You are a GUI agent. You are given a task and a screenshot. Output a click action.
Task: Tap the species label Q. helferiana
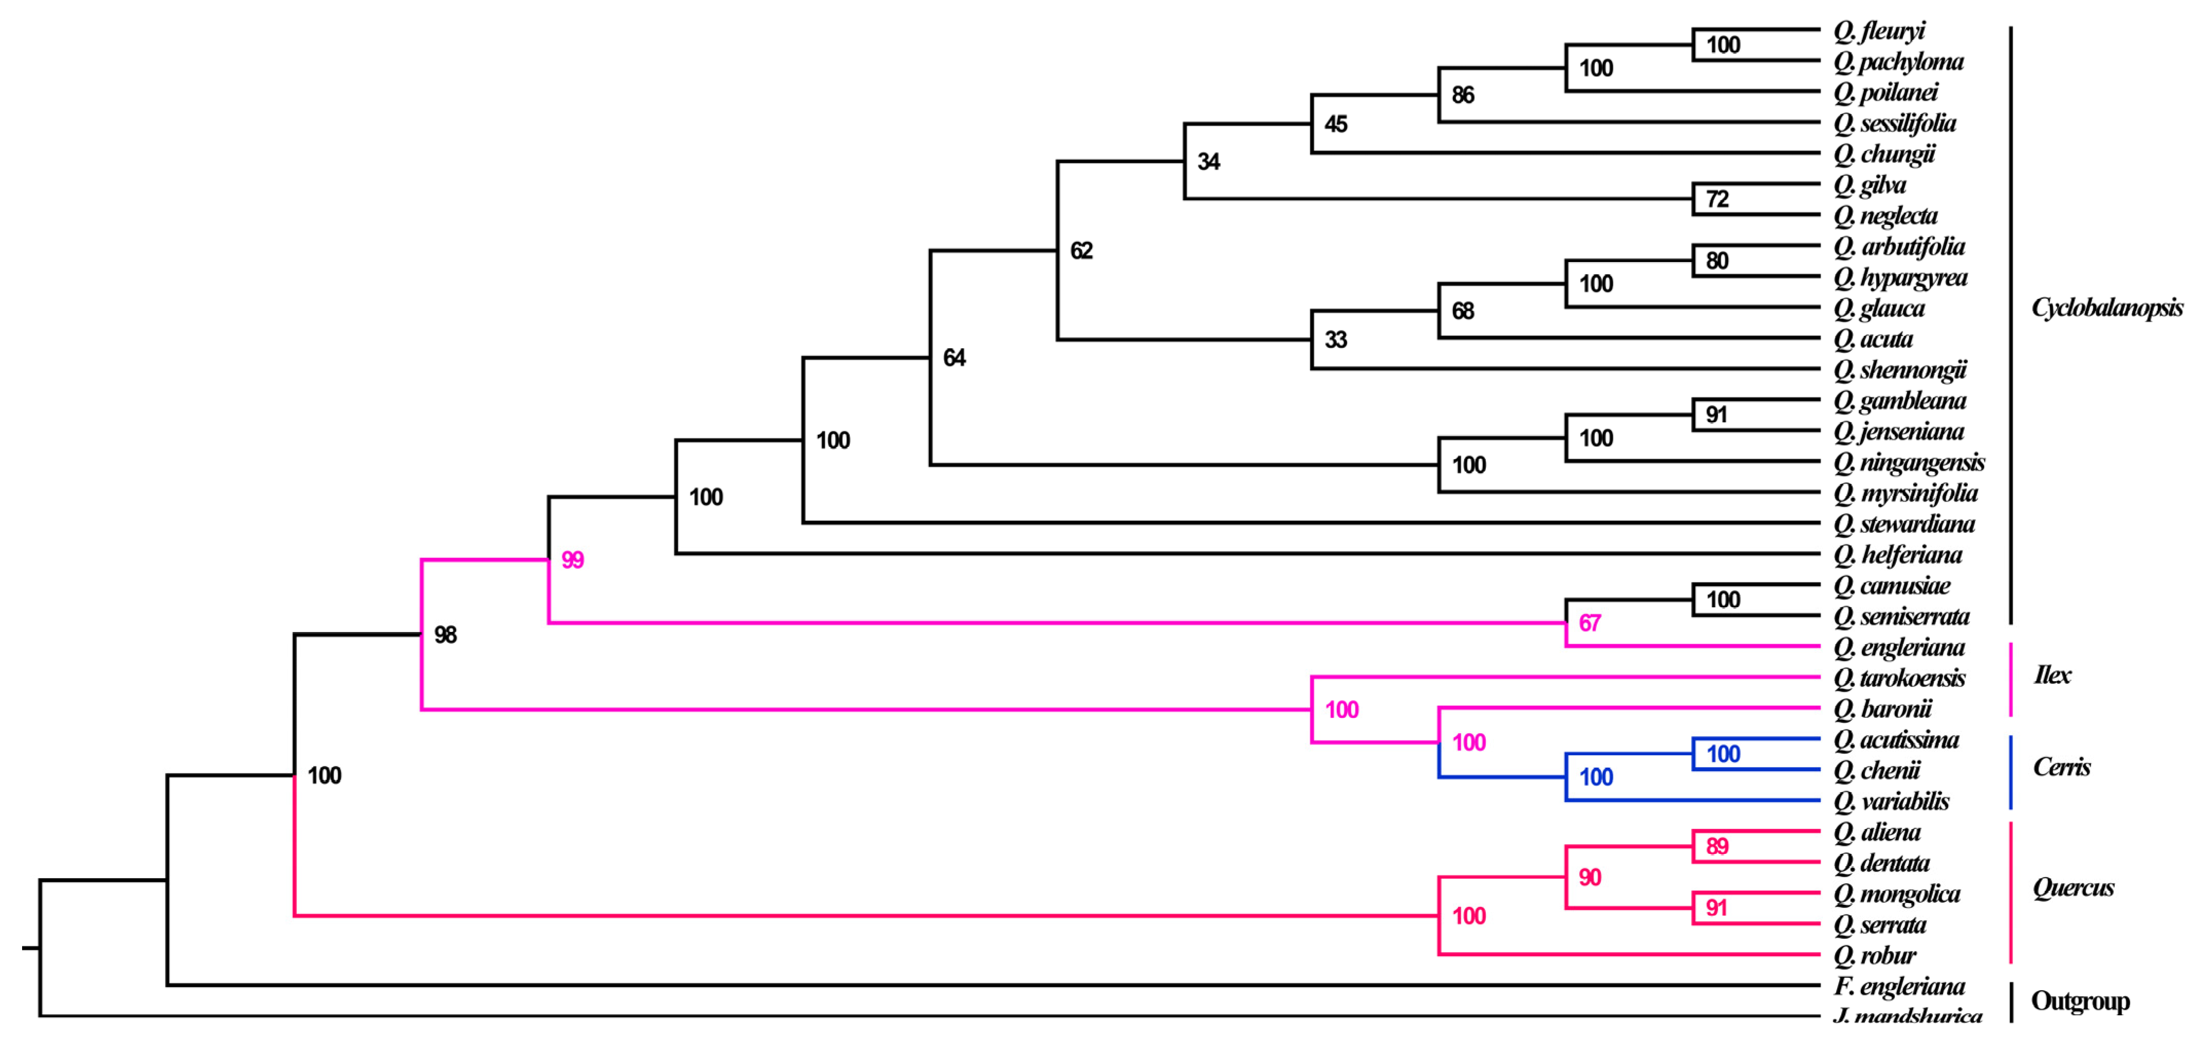click(1898, 555)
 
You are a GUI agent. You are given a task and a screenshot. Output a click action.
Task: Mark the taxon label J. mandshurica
click(1907, 1016)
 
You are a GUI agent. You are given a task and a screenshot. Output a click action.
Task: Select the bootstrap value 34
click(1208, 161)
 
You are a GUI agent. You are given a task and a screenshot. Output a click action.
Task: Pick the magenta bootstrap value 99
click(572, 561)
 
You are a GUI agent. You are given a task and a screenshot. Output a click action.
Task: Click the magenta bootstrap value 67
click(1589, 623)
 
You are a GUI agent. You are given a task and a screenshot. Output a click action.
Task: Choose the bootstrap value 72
click(1717, 199)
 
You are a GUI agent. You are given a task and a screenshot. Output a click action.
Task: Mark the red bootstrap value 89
click(1717, 846)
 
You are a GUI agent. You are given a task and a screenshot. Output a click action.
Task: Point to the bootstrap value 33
click(1335, 340)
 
